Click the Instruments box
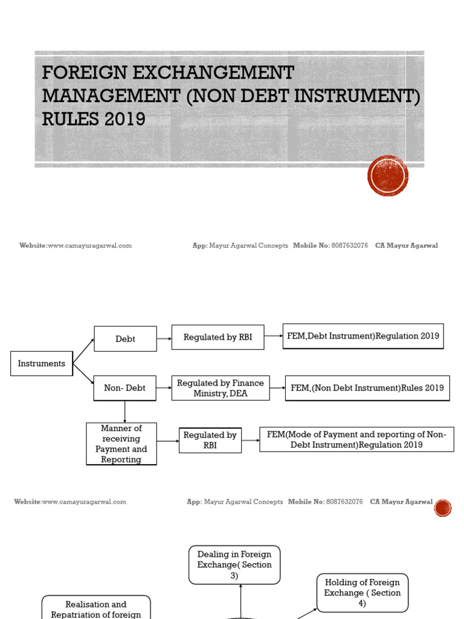42,363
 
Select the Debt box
125,339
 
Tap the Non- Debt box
124,388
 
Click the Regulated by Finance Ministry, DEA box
221,388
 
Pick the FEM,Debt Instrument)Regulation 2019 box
362,336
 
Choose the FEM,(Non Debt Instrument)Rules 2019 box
367,388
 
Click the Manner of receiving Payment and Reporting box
121,444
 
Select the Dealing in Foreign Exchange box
234,565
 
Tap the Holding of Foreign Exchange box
362,592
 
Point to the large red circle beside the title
388,176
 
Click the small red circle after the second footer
443,508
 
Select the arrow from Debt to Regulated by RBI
164,338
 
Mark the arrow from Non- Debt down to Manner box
125,412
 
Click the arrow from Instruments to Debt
83,351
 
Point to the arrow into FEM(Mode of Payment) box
250,440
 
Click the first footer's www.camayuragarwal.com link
89,245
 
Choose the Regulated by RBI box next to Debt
217,337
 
